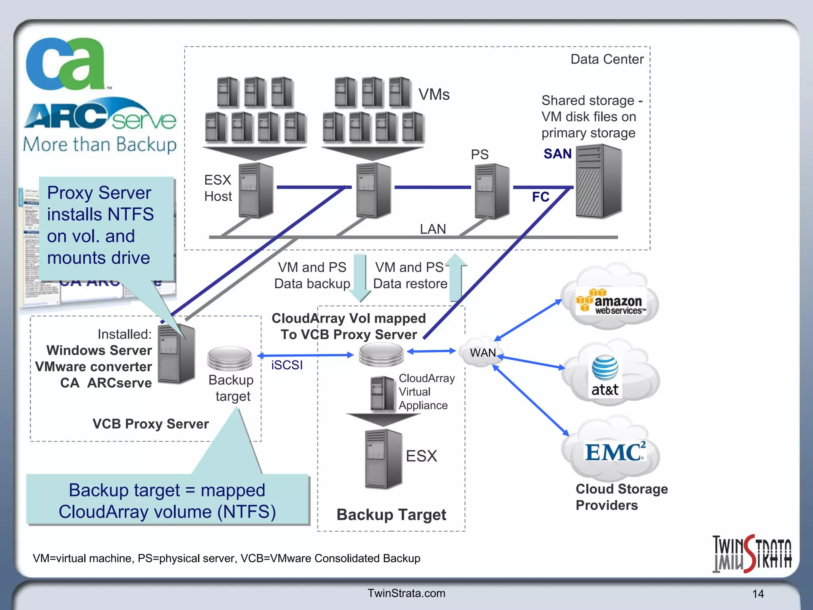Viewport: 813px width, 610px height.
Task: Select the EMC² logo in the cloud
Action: coord(615,452)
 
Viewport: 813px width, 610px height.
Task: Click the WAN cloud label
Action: coord(482,353)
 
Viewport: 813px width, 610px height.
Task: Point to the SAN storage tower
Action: coord(598,181)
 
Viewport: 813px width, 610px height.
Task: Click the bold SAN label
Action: coord(557,154)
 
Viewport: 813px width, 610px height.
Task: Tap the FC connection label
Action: coord(540,197)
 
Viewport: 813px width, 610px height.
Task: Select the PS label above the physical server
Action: coord(480,154)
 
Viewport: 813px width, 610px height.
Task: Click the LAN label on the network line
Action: coord(433,229)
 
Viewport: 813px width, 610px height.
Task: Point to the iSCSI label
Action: coord(287,365)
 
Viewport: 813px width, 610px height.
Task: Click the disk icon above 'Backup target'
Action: coord(229,357)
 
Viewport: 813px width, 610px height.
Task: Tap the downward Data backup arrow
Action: coord(360,278)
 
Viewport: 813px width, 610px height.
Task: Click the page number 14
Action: coord(757,594)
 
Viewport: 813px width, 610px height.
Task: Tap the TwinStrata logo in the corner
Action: coord(751,554)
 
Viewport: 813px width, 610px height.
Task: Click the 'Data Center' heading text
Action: coord(607,59)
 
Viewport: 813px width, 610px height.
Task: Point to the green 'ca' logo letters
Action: coord(66,64)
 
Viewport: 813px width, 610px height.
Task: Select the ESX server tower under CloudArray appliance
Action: coord(383,459)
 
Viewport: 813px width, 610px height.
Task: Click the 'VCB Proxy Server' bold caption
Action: coord(150,424)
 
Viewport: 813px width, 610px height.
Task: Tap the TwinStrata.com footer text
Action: coord(406,593)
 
